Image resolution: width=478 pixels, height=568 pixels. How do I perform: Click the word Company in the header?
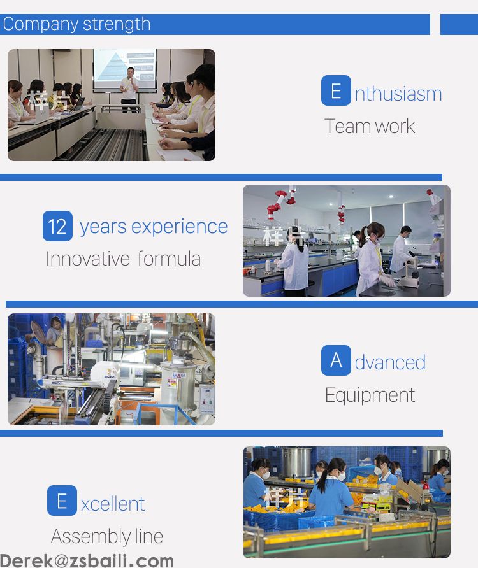pos(41,25)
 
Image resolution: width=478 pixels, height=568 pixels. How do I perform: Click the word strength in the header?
pos(117,25)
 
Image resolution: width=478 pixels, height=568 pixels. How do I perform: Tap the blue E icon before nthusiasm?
pos(336,90)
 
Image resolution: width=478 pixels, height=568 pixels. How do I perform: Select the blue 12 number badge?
pos(57,226)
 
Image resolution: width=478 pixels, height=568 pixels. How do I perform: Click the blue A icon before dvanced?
pos(336,360)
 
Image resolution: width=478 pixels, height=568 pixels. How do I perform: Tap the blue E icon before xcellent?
pos(62,501)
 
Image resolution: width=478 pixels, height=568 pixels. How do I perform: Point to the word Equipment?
pos(370,395)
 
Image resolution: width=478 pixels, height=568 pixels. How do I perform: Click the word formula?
pos(169,259)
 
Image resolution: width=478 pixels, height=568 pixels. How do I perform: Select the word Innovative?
pos(87,259)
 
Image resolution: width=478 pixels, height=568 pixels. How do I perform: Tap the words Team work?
pos(370,126)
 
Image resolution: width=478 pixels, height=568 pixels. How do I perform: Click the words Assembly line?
pos(107,537)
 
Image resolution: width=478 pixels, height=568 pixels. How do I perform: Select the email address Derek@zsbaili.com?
pos(87,560)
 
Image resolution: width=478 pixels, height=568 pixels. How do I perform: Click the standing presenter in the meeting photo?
pos(129,90)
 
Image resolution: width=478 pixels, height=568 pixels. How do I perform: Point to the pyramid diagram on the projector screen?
pos(111,66)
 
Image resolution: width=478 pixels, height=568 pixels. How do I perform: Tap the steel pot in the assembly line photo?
pos(296,462)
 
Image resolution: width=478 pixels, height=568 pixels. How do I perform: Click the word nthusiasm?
pos(398,94)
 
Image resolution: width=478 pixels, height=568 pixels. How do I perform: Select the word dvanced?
pos(390,362)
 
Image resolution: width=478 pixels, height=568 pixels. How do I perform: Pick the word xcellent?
pos(113,504)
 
